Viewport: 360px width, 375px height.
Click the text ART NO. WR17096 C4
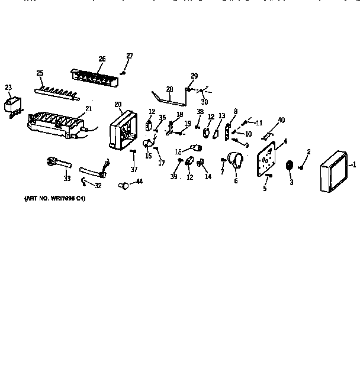(x=55, y=199)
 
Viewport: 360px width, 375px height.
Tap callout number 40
(x=281, y=121)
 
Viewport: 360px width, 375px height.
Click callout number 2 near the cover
(x=308, y=153)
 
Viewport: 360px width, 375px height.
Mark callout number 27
(x=129, y=56)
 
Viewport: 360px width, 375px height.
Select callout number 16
(x=148, y=156)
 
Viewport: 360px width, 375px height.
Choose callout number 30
(x=204, y=101)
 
